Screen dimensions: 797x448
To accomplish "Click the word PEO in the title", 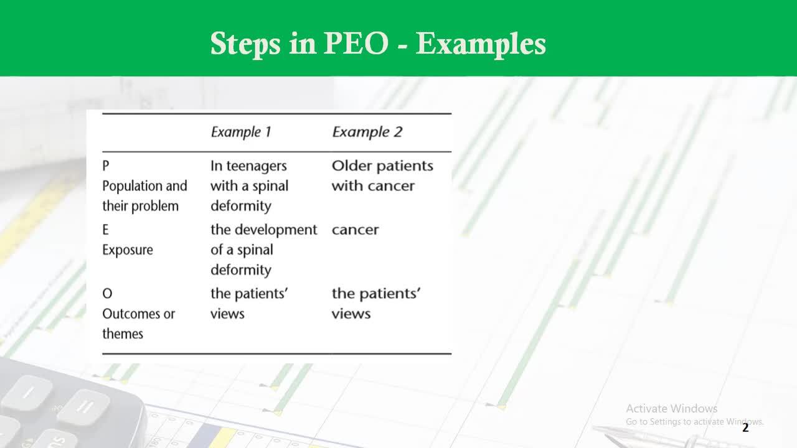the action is coord(356,44).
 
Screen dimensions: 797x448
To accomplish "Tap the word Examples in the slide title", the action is coord(481,45).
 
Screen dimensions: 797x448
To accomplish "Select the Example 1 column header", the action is coord(241,132).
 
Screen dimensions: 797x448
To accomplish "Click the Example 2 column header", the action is coord(367,132).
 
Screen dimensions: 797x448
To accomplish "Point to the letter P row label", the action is coord(106,166).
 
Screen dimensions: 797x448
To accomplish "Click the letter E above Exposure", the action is coord(106,230).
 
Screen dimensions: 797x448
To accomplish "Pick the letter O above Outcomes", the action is coord(107,294).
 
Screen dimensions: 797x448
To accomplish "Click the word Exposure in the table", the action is coord(128,250).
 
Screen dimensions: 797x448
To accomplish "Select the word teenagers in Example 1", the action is coord(257,166).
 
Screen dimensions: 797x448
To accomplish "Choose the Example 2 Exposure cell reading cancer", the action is coord(355,230).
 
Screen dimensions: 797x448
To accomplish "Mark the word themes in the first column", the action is coord(123,334).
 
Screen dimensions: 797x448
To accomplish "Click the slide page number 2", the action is coord(745,427).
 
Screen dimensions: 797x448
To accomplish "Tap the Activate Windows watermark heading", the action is coord(672,409).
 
